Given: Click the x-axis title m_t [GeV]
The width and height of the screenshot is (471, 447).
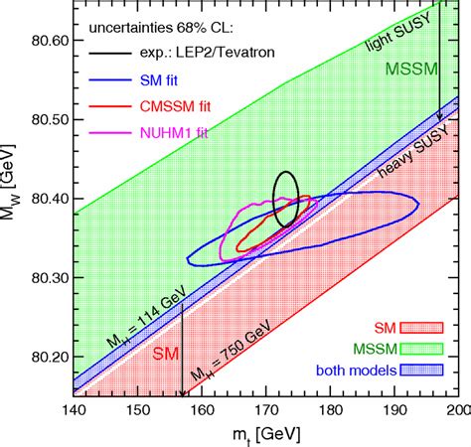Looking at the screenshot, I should [x=265, y=433].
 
